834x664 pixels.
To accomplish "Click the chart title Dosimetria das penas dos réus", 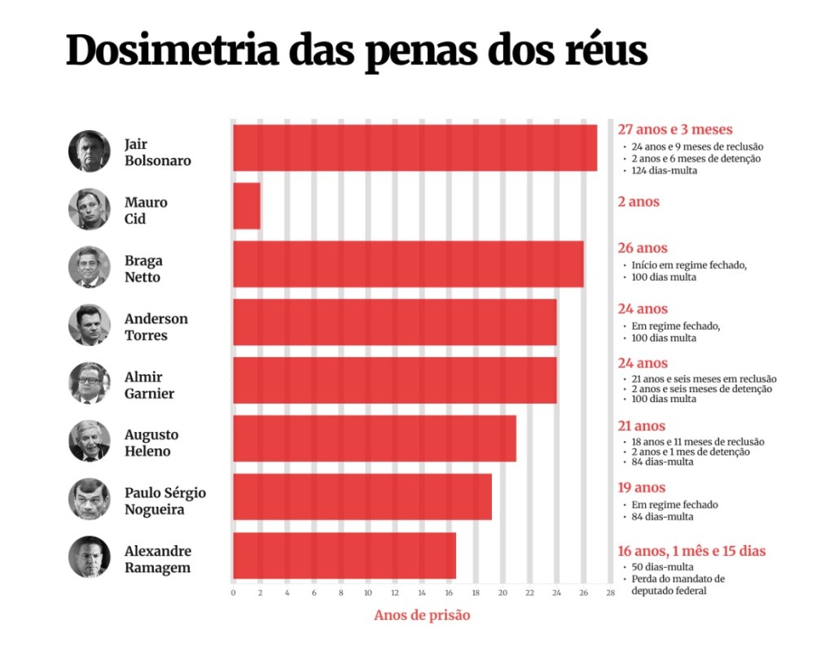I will coord(356,50).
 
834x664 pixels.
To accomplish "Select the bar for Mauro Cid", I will coord(247,206).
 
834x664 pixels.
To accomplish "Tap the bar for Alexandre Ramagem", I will coord(345,556).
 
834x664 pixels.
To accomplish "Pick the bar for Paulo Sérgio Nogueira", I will coord(362,497).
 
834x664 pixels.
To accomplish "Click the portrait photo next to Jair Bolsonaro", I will coord(89,151).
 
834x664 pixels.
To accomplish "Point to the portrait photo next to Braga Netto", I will coord(89,268).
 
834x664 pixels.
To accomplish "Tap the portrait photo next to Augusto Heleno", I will coord(89,442).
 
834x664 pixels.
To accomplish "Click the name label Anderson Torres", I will coord(156,326).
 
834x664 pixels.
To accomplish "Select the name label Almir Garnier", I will coord(149,385).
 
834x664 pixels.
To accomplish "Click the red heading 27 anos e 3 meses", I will coord(675,129).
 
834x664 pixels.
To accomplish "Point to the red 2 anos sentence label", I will coord(639,202).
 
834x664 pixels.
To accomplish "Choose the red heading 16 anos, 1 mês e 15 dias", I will coord(691,551).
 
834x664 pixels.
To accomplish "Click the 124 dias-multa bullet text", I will coord(664,170).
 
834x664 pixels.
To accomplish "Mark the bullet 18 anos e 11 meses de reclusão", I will coord(697,442).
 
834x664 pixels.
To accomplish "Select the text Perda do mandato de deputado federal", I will coord(678,584).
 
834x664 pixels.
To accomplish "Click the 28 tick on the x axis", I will coord(609,592).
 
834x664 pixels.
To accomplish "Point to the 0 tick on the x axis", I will coord(233,592).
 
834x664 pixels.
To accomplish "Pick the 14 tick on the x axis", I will coord(421,592).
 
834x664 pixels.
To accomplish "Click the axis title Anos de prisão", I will coord(422,615).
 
